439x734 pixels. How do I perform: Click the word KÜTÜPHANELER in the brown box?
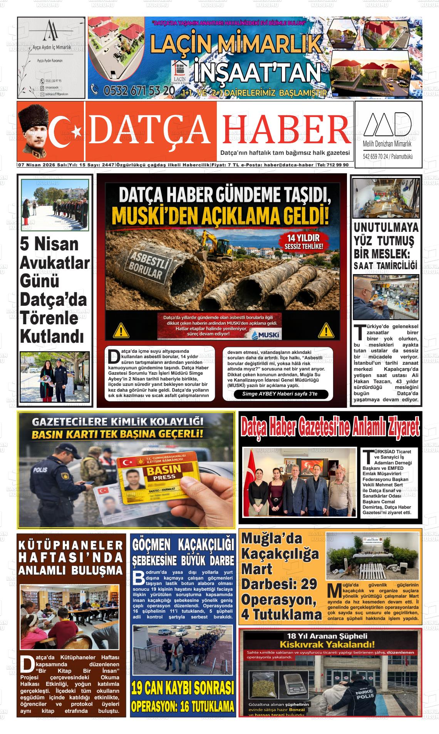71,546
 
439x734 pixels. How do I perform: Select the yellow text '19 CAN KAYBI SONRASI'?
183,688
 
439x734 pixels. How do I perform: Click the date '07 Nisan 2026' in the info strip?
37,165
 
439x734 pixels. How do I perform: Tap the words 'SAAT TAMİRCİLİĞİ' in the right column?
386,266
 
